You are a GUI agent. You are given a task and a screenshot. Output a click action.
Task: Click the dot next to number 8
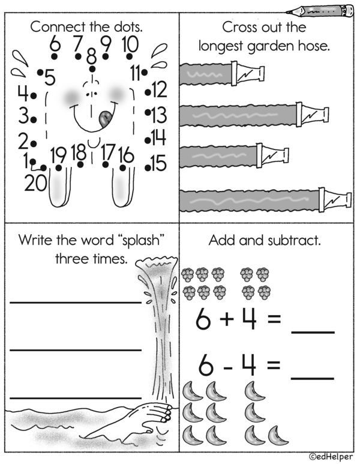[92, 69]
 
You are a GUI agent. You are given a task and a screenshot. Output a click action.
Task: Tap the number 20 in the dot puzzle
[35, 183]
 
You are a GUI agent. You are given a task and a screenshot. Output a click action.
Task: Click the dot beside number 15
[148, 168]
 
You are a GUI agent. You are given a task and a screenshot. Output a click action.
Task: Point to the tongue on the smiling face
[105, 119]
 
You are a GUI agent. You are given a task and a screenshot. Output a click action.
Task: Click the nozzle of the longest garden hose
[335, 199]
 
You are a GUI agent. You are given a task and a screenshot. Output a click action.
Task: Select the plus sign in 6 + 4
[227, 319]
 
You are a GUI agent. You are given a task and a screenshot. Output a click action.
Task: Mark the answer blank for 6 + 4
[313, 333]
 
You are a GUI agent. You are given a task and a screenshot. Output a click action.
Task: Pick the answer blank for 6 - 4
[313, 379]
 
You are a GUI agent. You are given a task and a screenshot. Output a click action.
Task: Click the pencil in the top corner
[320, 11]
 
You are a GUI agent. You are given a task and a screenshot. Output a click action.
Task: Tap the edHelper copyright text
[331, 457]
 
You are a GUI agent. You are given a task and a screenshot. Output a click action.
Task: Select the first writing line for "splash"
[76, 302]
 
